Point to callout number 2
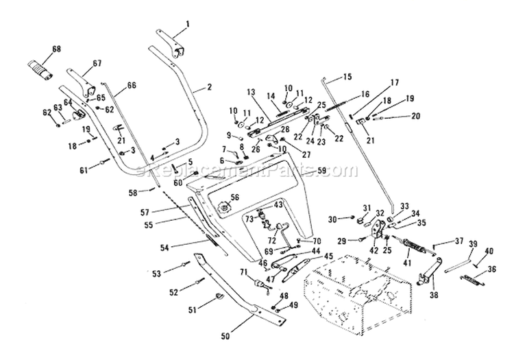[x=208, y=87]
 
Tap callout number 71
[x=243, y=273]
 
